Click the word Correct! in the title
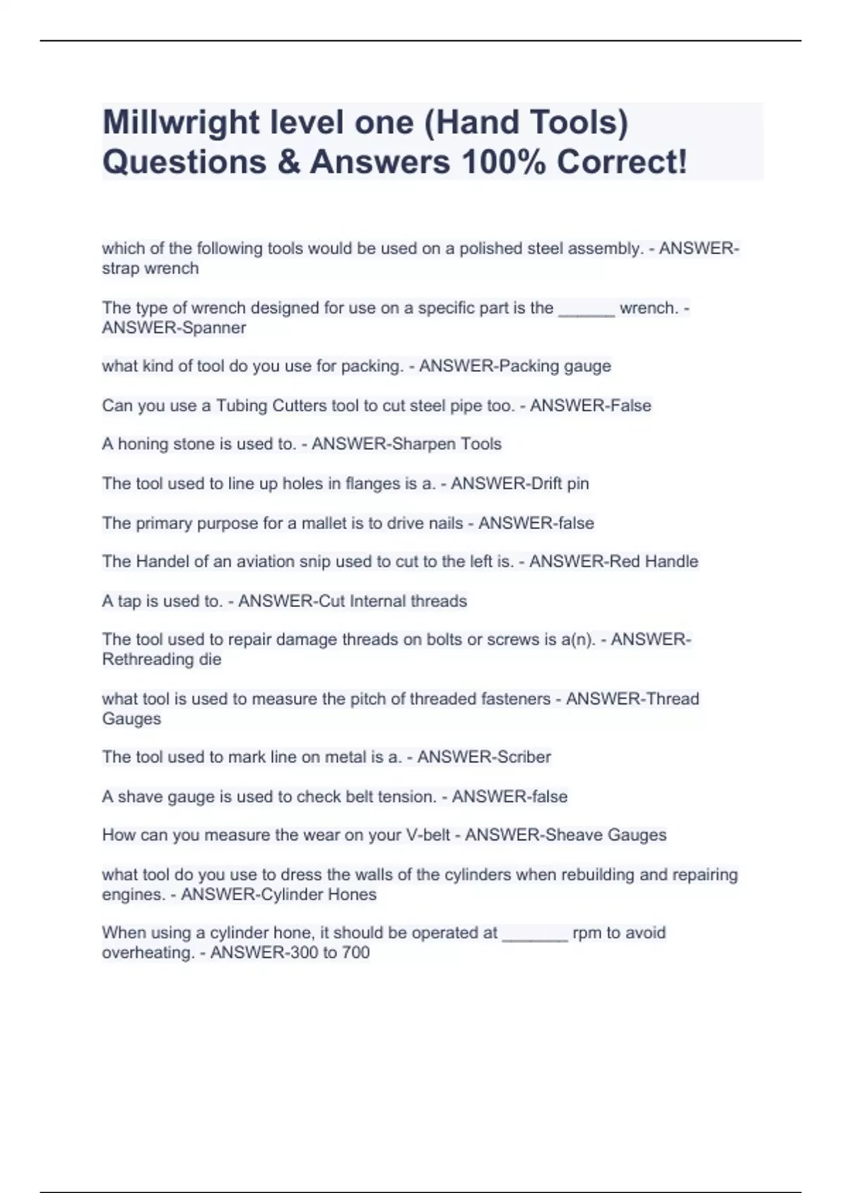(x=622, y=163)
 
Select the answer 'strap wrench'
(x=150, y=269)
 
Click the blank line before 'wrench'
(x=587, y=309)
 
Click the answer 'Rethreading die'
(x=161, y=660)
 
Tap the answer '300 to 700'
(x=326, y=953)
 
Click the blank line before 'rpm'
(x=535, y=934)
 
